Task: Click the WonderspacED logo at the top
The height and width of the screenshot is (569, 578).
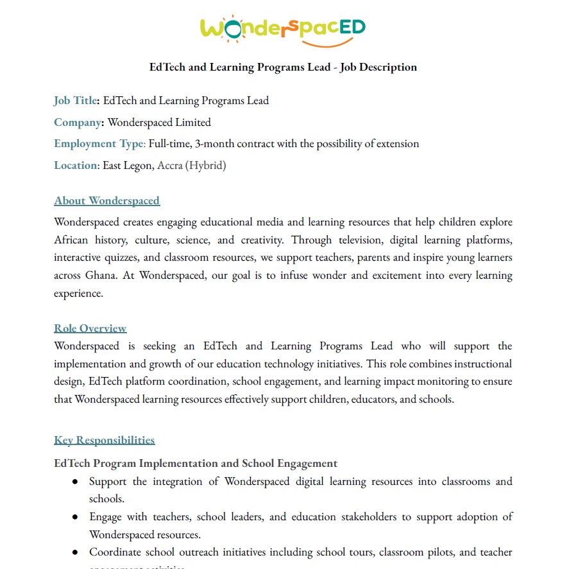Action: coord(283,28)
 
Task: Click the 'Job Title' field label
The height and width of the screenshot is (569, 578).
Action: coord(76,100)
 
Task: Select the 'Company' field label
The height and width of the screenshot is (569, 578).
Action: coord(78,122)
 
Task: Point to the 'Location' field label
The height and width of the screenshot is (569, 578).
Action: coord(76,165)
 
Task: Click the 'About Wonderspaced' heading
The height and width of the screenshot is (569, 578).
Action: coord(106,200)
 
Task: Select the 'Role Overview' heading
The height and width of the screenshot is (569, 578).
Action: coord(90,328)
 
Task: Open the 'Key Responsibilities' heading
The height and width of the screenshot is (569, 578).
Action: coord(104,440)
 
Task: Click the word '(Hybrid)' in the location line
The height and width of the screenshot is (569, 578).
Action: coord(205,165)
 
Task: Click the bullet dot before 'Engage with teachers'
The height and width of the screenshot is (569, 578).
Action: coord(75,517)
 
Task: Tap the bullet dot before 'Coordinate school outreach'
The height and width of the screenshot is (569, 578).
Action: coord(75,552)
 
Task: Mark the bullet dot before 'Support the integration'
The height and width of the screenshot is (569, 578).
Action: coord(75,482)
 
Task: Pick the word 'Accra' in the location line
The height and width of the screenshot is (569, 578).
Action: coord(169,165)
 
